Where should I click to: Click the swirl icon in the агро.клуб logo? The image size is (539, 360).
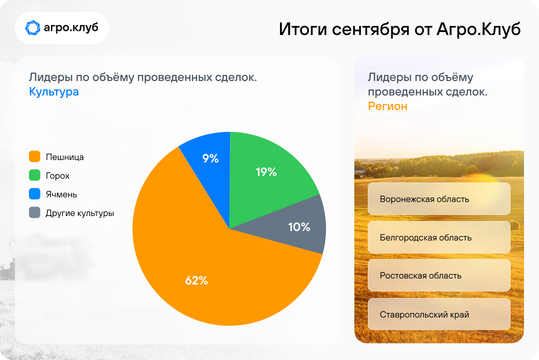32,28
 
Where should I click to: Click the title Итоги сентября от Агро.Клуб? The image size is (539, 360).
399,29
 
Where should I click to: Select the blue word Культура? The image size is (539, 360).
54,92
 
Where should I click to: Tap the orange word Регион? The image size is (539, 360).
387,106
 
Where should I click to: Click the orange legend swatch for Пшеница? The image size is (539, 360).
35,156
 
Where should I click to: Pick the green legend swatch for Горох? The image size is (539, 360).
35,175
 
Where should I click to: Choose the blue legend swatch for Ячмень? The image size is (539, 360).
35,193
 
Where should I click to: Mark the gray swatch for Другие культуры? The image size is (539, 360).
35,212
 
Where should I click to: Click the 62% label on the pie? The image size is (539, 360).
197,280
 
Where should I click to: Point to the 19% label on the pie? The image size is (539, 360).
267,172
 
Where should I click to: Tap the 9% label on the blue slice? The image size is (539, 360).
211,158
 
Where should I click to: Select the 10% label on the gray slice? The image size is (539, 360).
299,226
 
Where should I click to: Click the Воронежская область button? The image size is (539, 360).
439,199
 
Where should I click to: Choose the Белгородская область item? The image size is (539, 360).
439,237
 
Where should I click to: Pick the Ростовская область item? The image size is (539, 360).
439,275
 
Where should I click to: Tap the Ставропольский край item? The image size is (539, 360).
439,314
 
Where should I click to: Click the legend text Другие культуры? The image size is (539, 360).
80,213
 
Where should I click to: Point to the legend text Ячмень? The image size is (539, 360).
61,194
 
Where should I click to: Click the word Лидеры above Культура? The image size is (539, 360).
51,77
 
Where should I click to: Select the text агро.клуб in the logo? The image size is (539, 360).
71,27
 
